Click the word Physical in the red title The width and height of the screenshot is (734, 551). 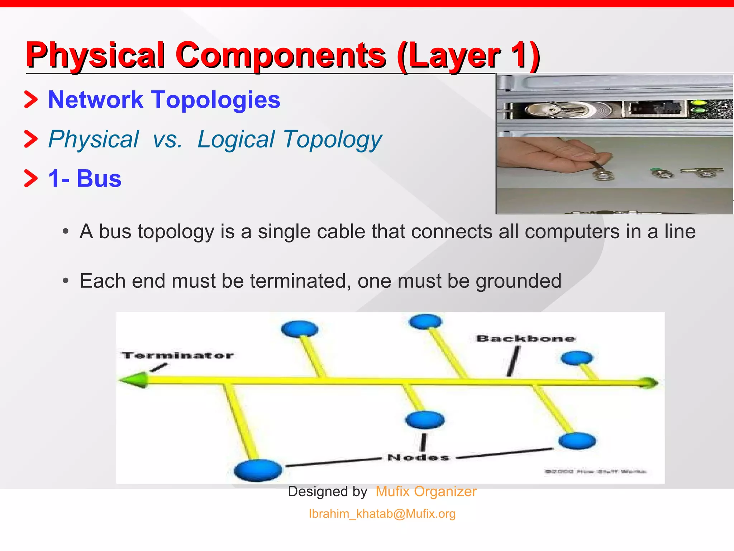pyautogui.click(x=95, y=56)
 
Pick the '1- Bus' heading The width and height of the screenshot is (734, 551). pyautogui.click(x=85, y=178)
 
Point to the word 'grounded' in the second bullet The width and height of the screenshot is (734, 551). pyautogui.click(x=518, y=281)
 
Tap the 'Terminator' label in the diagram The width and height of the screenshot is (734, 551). pyautogui.click(x=177, y=355)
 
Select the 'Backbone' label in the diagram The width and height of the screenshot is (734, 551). pyautogui.click(x=525, y=339)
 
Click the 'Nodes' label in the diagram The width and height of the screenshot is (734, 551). pyautogui.click(x=418, y=458)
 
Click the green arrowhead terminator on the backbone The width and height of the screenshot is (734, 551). pyautogui.click(x=134, y=380)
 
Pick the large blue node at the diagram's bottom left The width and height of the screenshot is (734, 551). pyautogui.click(x=258, y=470)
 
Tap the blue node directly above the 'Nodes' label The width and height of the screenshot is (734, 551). pyautogui.click(x=425, y=419)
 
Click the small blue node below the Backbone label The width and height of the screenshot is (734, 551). pyautogui.click(x=577, y=358)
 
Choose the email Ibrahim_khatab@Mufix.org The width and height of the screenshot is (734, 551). pyautogui.click(x=382, y=514)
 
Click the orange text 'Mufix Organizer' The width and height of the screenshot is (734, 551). pyautogui.click(x=426, y=491)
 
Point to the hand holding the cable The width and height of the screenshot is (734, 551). pyautogui.click(x=548, y=158)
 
